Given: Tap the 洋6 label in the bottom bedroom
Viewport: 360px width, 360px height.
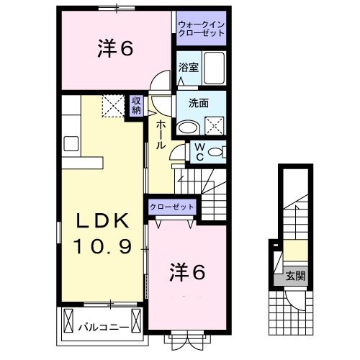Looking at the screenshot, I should pos(188,272).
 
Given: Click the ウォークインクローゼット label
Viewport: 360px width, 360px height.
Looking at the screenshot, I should pos(202,29).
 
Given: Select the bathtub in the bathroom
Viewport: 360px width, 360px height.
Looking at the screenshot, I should pos(213,68).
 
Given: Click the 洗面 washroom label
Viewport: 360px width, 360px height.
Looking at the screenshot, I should pos(198,103).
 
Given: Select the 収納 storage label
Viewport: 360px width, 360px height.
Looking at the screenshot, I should pos(136,105).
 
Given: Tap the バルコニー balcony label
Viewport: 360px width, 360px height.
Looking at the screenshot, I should pos(104,326).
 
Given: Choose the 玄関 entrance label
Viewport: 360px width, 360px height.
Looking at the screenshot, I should pos(294,274).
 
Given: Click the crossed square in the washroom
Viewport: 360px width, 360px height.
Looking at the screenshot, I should pos(215,127).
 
